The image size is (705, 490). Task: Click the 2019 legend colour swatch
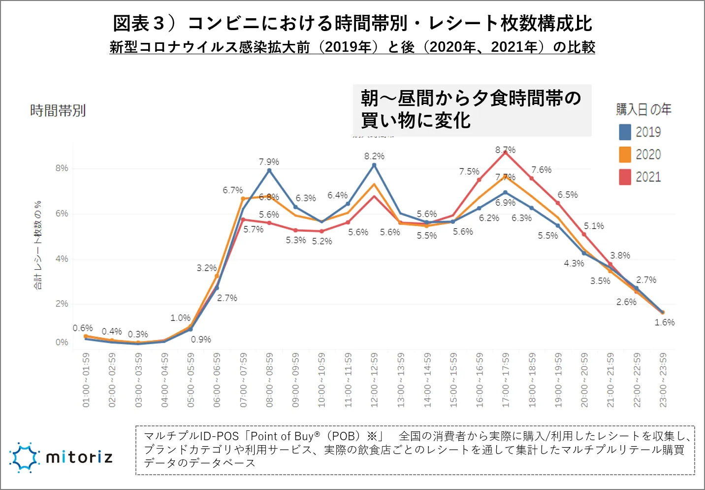point(625,132)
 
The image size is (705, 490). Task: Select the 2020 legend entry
point(640,155)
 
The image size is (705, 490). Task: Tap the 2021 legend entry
point(640,177)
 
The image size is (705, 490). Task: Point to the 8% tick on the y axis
point(62,168)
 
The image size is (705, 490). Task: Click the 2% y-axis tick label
point(62,304)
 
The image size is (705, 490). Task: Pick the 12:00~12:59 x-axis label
point(374,380)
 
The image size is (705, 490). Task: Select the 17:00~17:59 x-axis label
point(506,380)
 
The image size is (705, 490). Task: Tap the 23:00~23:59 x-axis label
point(663,380)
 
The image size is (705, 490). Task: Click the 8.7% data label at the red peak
point(505,149)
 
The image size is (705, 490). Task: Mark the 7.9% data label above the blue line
point(269,162)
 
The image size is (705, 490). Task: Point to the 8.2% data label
point(374,156)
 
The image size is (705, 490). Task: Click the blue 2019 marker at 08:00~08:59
point(269,171)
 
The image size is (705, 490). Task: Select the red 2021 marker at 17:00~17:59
point(506,153)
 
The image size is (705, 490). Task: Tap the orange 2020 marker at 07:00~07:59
point(243,199)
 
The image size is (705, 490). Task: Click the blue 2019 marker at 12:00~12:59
point(374,165)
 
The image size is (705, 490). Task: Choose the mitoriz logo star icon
point(24,457)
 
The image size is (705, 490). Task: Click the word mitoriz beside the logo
point(79,457)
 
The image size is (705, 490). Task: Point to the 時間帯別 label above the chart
point(58,110)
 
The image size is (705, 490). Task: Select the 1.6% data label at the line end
point(664,322)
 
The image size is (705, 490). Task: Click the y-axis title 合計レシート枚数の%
point(38,245)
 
